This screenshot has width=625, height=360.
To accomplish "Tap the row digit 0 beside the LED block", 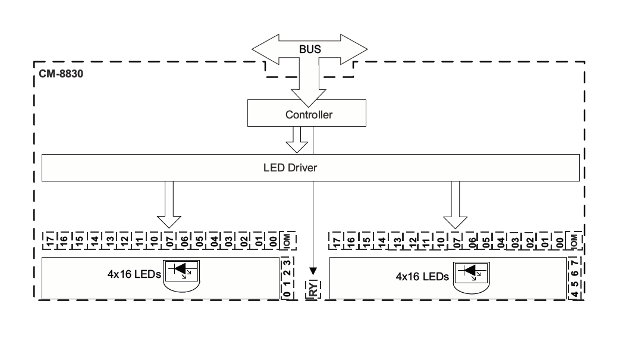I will pyautogui.click(x=287, y=294).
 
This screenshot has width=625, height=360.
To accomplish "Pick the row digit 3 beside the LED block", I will pyautogui.click(x=287, y=262).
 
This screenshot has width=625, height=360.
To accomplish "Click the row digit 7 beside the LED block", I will pyautogui.click(x=574, y=262).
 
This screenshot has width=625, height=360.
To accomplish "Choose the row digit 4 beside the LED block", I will pyautogui.click(x=574, y=294).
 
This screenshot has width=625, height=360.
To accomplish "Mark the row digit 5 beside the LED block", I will pyautogui.click(x=574, y=284).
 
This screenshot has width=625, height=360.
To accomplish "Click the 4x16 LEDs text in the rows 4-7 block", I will pyautogui.click(x=422, y=277).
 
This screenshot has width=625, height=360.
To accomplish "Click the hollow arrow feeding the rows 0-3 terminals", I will pyautogui.click(x=168, y=205).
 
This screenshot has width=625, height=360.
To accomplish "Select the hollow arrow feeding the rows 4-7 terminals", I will pyautogui.click(x=456, y=205).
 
